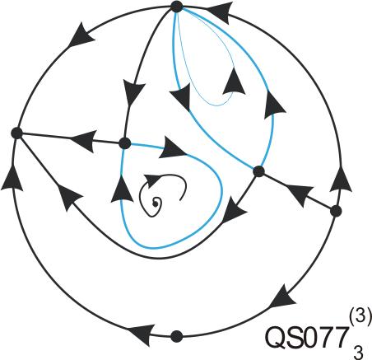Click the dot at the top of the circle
click(177, 7)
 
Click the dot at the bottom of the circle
click(176, 336)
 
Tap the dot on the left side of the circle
click(16, 133)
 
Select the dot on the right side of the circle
click(336, 211)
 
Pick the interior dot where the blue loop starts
click(125, 143)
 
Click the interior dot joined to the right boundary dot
click(258, 171)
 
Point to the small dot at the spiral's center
click(155, 203)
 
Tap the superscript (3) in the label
click(360, 316)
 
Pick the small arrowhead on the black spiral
click(151, 180)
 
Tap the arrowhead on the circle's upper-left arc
click(81, 35)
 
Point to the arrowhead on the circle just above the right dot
click(341, 179)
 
